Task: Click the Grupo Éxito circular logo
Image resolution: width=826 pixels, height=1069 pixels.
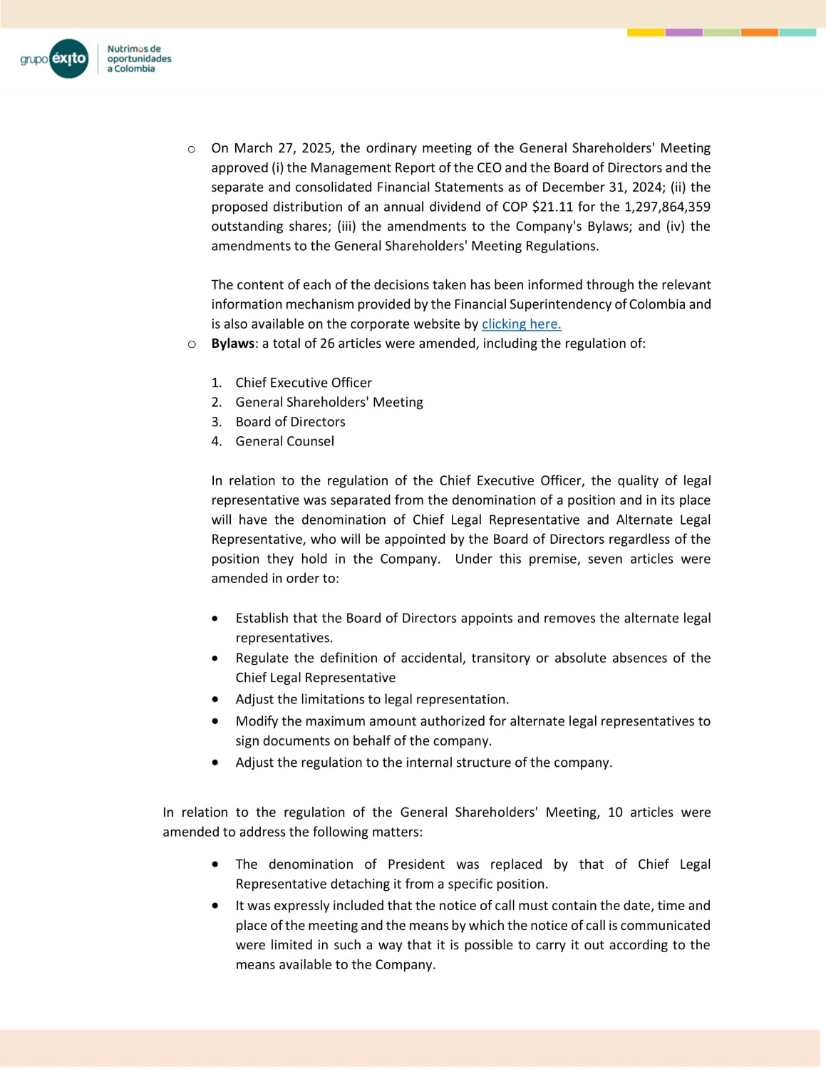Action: [x=69, y=58]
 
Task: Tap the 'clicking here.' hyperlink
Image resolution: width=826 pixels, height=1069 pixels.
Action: [x=521, y=324]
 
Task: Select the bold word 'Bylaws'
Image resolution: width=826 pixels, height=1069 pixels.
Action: [x=232, y=344]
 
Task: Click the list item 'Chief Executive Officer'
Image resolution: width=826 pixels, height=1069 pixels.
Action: [x=304, y=383]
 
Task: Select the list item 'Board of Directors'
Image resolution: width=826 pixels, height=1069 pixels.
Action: [x=290, y=422]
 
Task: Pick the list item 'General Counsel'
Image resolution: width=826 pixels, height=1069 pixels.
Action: [x=284, y=441]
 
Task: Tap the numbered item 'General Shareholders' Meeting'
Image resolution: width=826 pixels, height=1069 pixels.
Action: [x=329, y=402]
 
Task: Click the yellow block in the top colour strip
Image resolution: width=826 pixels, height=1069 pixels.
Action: [x=646, y=33]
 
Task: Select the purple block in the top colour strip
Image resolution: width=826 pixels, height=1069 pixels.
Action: [x=683, y=33]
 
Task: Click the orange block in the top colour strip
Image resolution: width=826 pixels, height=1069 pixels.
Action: [x=759, y=33]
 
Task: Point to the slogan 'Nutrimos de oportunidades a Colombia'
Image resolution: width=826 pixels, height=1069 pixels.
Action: [x=139, y=59]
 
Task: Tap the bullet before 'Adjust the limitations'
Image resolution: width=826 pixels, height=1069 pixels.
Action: [x=215, y=699]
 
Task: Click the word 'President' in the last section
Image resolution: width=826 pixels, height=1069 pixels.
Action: [x=415, y=864]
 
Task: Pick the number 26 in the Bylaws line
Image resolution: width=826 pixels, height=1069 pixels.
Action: [x=327, y=344]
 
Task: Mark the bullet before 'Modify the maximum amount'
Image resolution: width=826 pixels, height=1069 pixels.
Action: [x=215, y=721]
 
